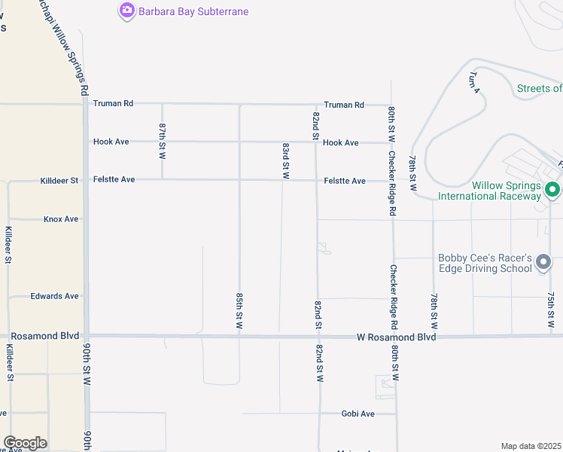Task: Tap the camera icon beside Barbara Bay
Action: click(x=126, y=11)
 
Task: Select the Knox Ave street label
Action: click(x=61, y=219)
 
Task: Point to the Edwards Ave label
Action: click(x=54, y=296)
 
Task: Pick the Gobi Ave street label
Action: click(x=358, y=414)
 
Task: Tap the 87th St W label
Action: click(x=162, y=141)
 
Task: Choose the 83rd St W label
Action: click(x=286, y=160)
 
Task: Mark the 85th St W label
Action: click(x=239, y=313)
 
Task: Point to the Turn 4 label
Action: click(x=474, y=81)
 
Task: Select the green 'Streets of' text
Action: click(x=539, y=88)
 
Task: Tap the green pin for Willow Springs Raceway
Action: click(x=552, y=189)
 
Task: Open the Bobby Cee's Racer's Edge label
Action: click(x=485, y=263)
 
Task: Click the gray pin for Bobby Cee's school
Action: click(x=543, y=263)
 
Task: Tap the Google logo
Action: click(x=25, y=443)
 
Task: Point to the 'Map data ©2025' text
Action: click(x=531, y=445)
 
